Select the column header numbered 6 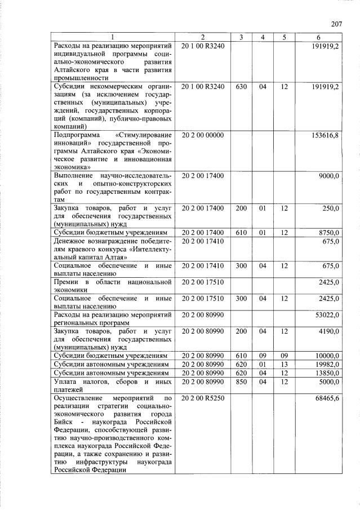(x=318, y=37)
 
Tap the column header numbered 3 (x=241, y=37)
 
